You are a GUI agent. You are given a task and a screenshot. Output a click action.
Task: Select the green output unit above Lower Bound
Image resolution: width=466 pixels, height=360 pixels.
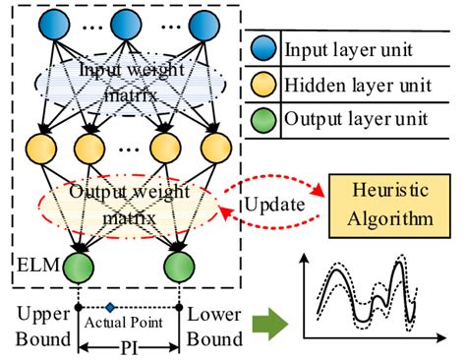[x=177, y=268]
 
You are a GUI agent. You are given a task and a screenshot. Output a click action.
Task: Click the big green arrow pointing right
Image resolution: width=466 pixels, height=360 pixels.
[x=265, y=326]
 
